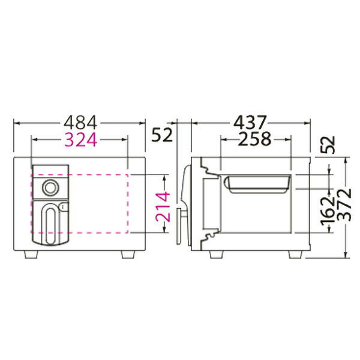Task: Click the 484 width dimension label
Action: [x=80, y=123]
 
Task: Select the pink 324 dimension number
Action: [x=80, y=140]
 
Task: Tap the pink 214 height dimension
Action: [x=163, y=208]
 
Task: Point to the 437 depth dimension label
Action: [x=250, y=122]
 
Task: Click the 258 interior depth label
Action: [x=254, y=139]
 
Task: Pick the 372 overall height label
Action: [x=345, y=205]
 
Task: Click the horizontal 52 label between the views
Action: [x=162, y=135]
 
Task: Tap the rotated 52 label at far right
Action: [x=328, y=145]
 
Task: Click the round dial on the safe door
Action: [x=51, y=188]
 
